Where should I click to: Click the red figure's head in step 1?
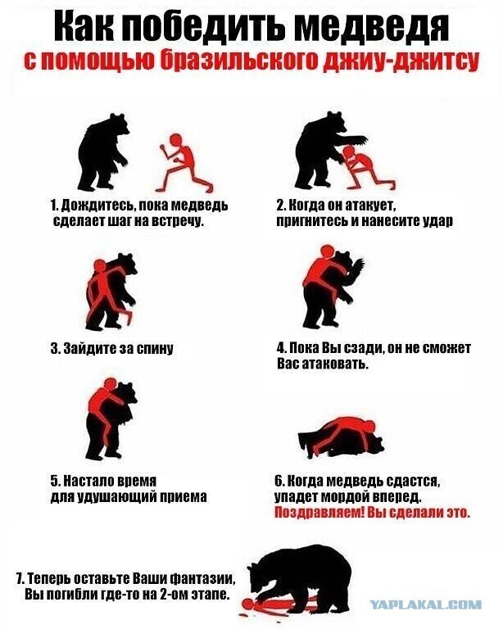pyautogui.click(x=175, y=140)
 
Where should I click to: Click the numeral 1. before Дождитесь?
pyautogui.click(x=55, y=205)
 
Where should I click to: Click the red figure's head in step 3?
pyautogui.click(x=99, y=265)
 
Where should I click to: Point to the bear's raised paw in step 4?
pyautogui.click(x=358, y=266)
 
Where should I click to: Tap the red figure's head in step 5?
pyautogui.click(x=110, y=384)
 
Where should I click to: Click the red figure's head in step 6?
pyautogui.click(x=369, y=426)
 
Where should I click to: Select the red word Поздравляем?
pyautogui.click(x=319, y=513)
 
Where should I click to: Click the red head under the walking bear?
pyautogui.click(x=249, y=604)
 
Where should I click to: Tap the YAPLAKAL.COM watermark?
pyautogui.click(x=426, y=604)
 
